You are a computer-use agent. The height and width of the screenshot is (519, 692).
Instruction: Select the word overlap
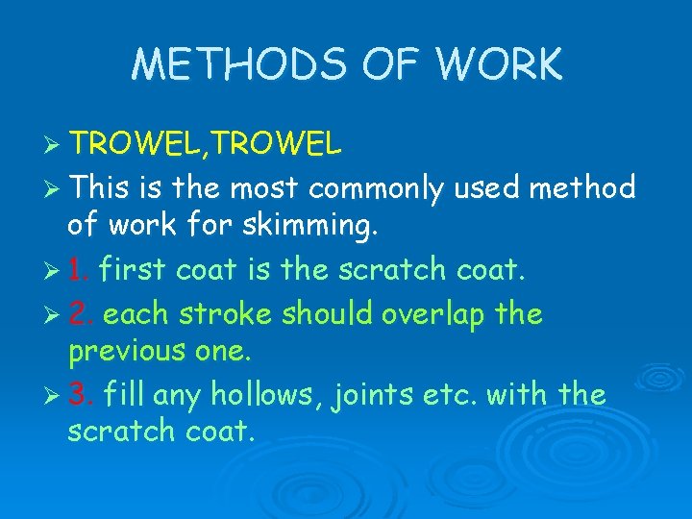(x=432, y=313)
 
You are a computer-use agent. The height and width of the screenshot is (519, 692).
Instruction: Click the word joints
(x=380, y=394)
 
